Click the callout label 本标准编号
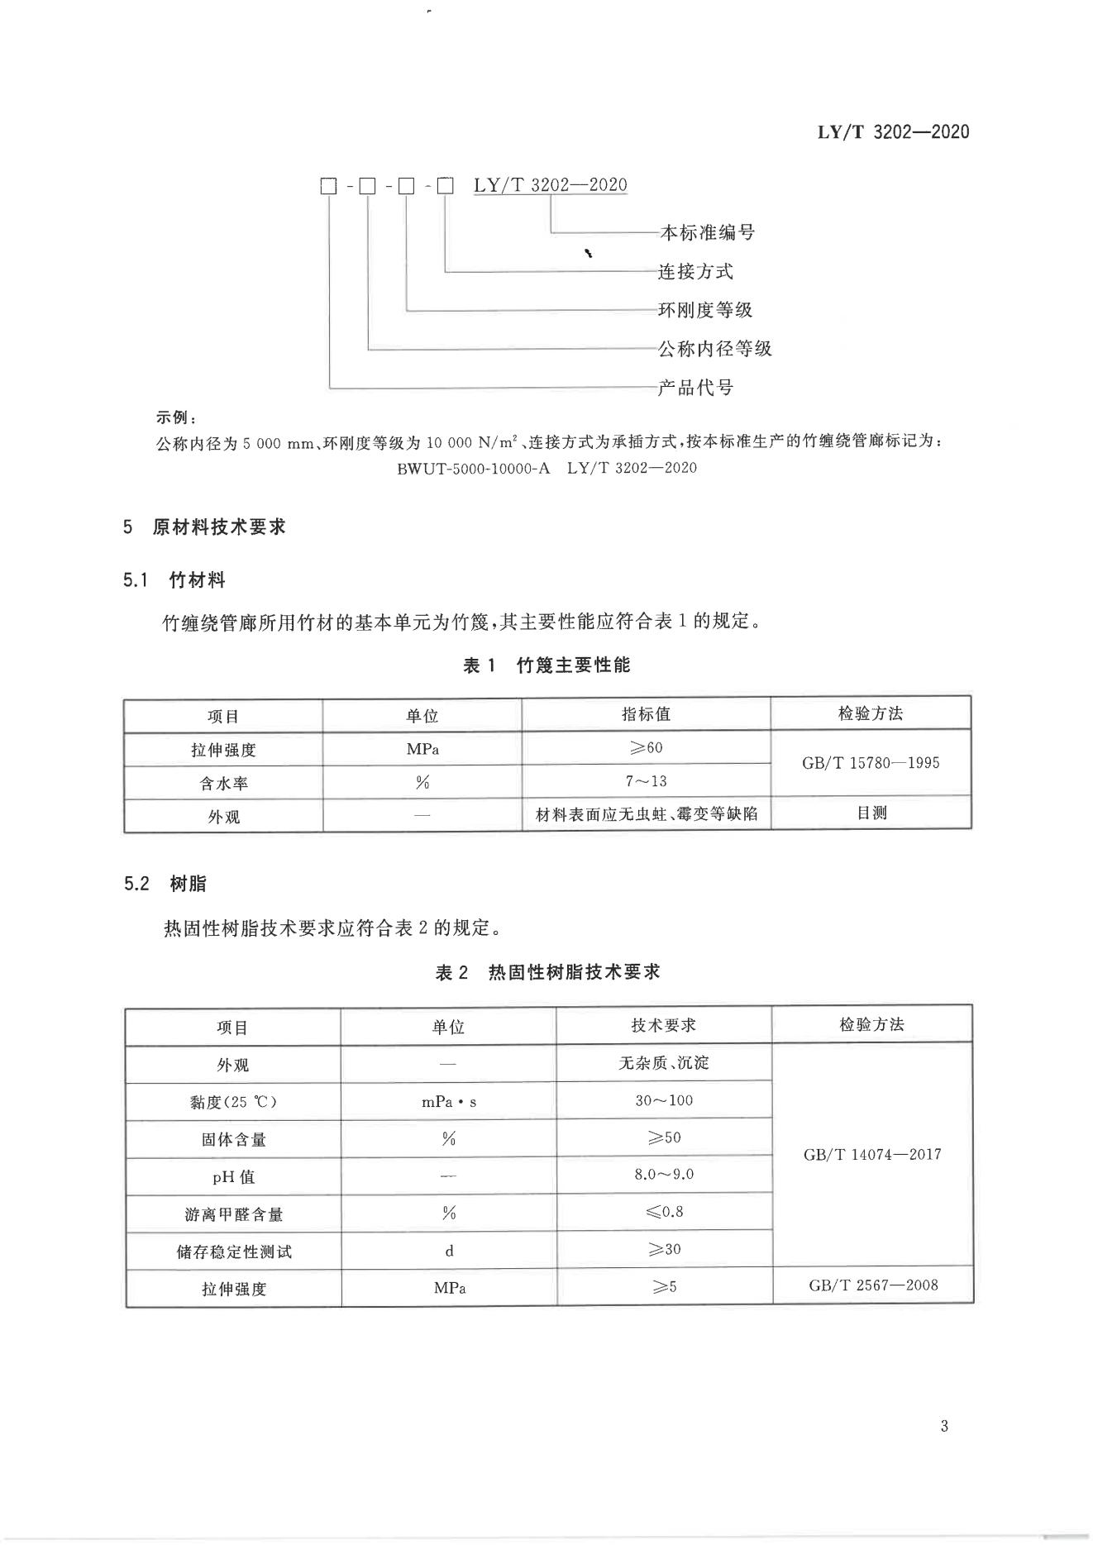coord(707,232)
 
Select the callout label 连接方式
coord(695,271)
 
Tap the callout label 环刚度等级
coord(705,310)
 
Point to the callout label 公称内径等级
coord(714,349)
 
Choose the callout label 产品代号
coord(695,387)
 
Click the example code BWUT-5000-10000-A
coord(473,468)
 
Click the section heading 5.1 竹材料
coord(174,580)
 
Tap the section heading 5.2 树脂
coord(165,884)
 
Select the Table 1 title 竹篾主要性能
coord(546,665)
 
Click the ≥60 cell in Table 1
coord(646,748)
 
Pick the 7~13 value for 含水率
coord(646,781)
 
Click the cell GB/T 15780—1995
coord(871,763)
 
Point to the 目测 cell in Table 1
coord(871,813)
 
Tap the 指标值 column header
coord(646,714)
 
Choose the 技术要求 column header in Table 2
coord(663,1025)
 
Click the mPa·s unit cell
coord(449,1101)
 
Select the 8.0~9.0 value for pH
coord(663,1174)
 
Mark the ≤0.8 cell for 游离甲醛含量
coord(663,1212)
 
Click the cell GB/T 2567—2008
coord(872,1285)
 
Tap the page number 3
coord(944,1426)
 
